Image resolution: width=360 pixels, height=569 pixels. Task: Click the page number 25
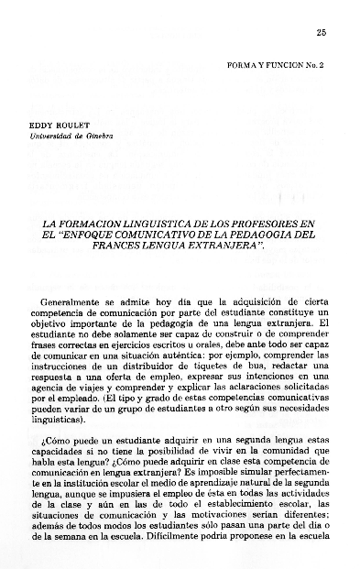click(321, 33)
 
